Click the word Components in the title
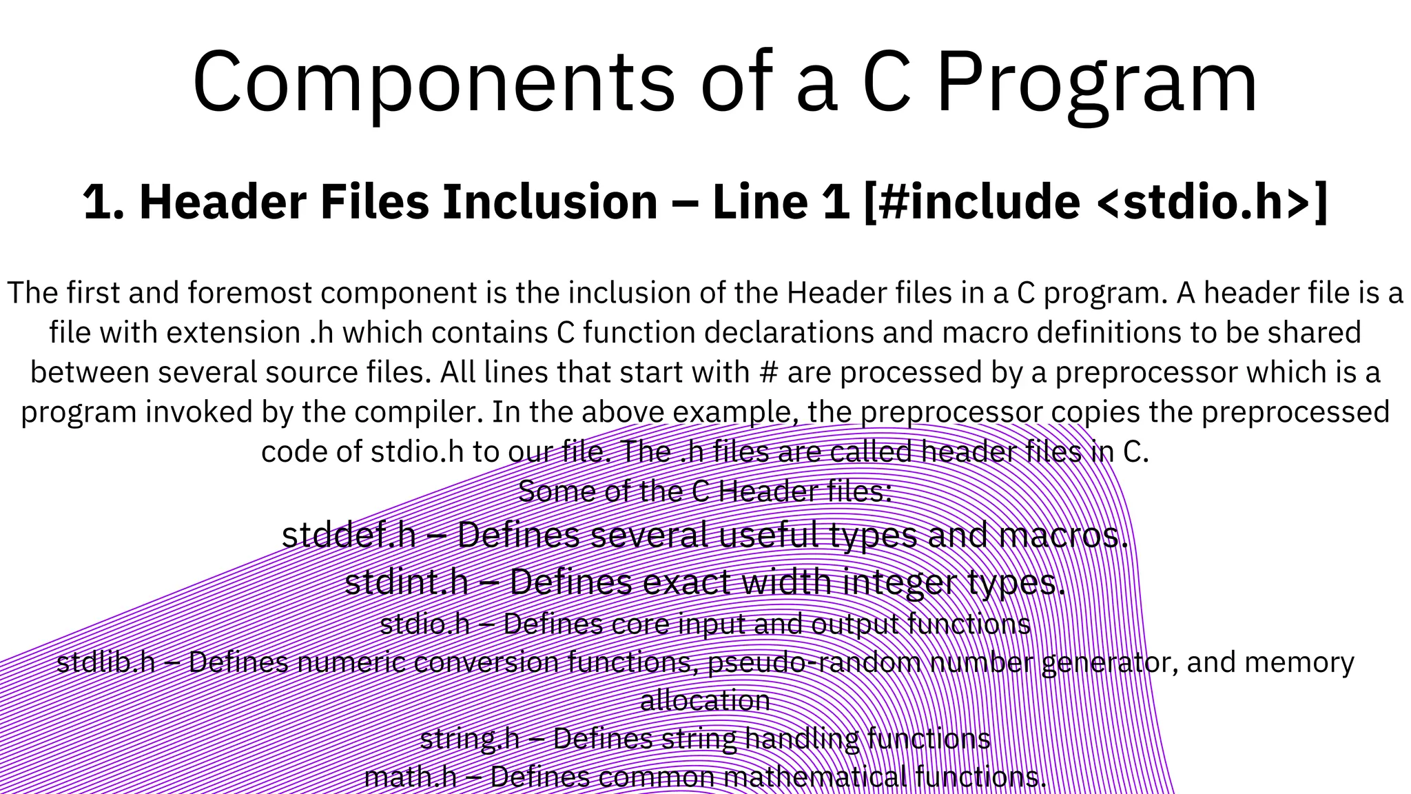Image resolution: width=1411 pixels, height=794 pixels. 434,83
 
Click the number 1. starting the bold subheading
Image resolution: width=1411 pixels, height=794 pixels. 103,202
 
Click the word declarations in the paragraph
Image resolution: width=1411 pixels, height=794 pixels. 762,333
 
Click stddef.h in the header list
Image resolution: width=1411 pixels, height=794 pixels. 349,535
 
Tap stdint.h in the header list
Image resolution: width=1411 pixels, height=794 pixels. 406,582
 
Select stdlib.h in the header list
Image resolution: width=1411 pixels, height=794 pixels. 106,662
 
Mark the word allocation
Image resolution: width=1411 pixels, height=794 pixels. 705,701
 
